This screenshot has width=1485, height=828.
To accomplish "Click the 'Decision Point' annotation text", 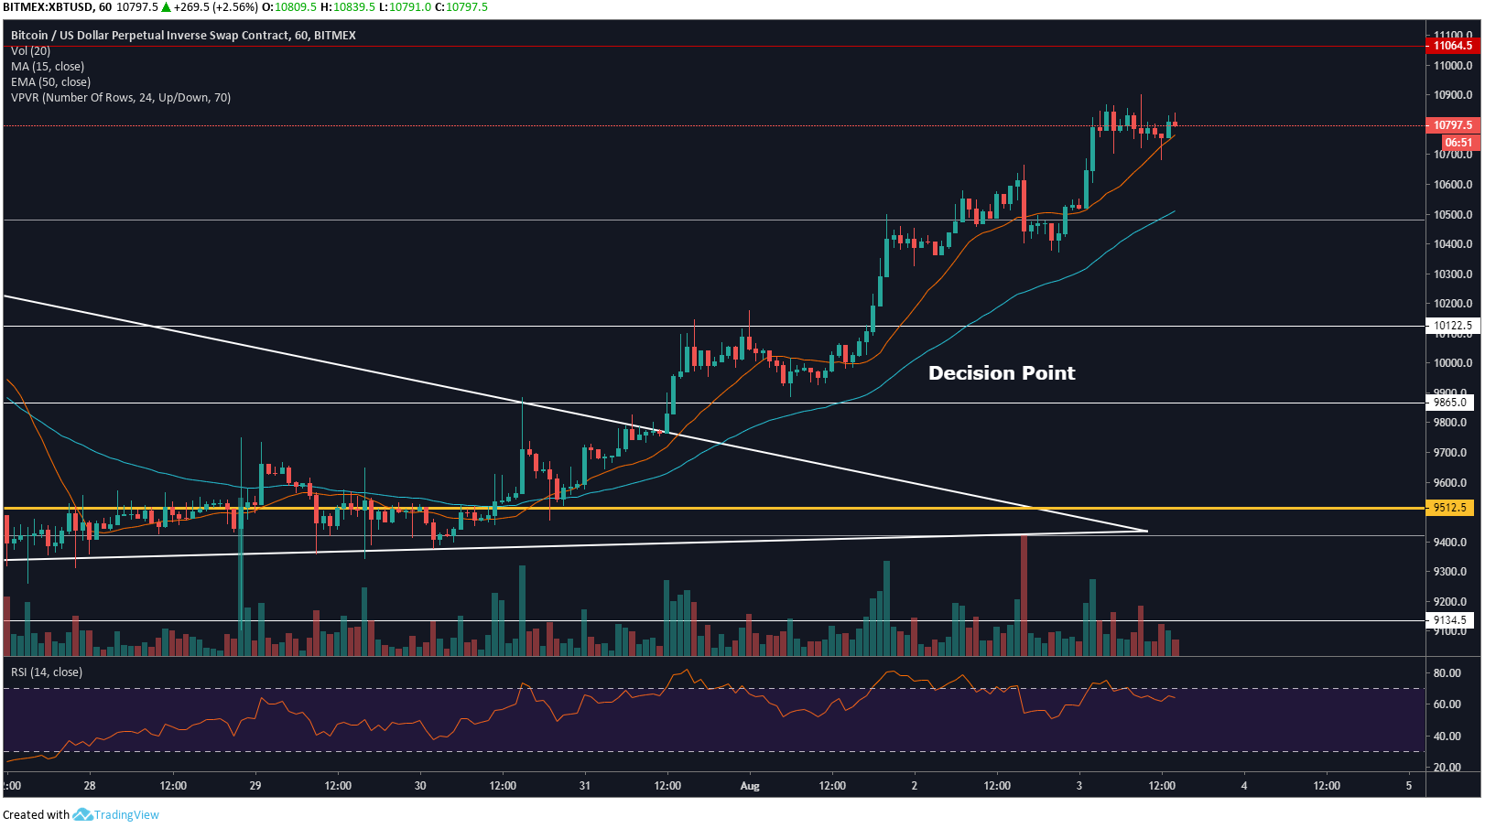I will coord(1002,372).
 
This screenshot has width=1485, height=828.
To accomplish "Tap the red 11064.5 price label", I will coord(1452,46).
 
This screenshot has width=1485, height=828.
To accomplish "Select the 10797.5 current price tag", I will coord(1452,125).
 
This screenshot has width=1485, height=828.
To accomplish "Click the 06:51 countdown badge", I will coord(1458,143).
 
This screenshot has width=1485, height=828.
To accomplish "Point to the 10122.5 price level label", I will coord(1452,326).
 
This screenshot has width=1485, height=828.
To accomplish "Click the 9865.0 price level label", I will coord(1450,403).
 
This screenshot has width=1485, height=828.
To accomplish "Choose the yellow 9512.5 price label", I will coord(1450,508).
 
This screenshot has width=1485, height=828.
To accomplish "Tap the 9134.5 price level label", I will coord(1450,620).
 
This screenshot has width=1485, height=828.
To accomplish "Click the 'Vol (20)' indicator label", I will coord(30,51).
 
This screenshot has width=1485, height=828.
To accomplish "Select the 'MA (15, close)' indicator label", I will coord(48,67).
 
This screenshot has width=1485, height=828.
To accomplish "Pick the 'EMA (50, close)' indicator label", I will coord(50,82).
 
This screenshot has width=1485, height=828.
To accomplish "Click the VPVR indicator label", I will coord(121,98).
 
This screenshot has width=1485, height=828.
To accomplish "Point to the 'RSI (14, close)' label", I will coord(47,672).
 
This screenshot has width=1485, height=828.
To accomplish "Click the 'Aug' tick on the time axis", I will coord(750,786).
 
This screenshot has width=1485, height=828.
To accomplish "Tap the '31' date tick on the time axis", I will coord(585,786).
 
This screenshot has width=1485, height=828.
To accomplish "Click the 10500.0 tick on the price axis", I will coord(1453,215).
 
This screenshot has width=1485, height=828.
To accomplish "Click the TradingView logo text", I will coord(126,815).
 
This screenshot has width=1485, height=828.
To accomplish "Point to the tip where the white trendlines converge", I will coord(1147,531).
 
